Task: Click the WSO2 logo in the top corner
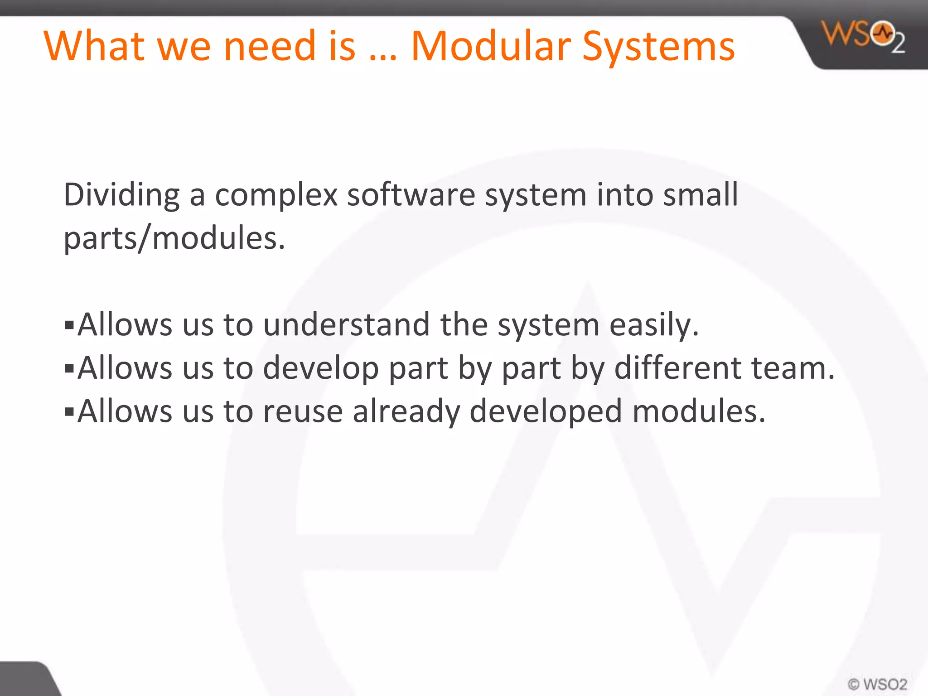point(864,37)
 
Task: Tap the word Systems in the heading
point(658,47)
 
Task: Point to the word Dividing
point(121,195)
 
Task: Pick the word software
point(411,194)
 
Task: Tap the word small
point(701,194)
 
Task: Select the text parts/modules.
point(174,238)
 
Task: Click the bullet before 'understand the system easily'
point(69,325)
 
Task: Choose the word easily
point(654,325)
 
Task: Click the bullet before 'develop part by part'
point(69,368)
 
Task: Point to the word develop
point(321,368)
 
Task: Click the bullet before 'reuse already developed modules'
point(69,411)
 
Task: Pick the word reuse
point(303,411)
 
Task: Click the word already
point(406,411)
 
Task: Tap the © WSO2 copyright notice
point(877,684)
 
